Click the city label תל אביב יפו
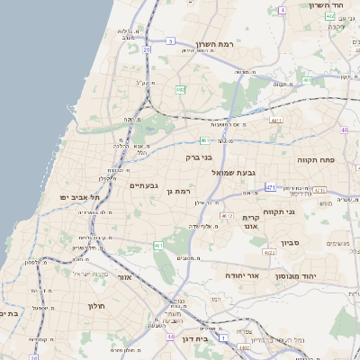pos(79,197)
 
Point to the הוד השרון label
pos(329,5)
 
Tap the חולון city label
pos(96,306)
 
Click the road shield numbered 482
pos(181,89)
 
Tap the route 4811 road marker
pos(277,120)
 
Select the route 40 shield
pos(344,130)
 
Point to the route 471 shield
pos(270,187)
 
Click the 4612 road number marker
pos(226,216)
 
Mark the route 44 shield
pos(171,337)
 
